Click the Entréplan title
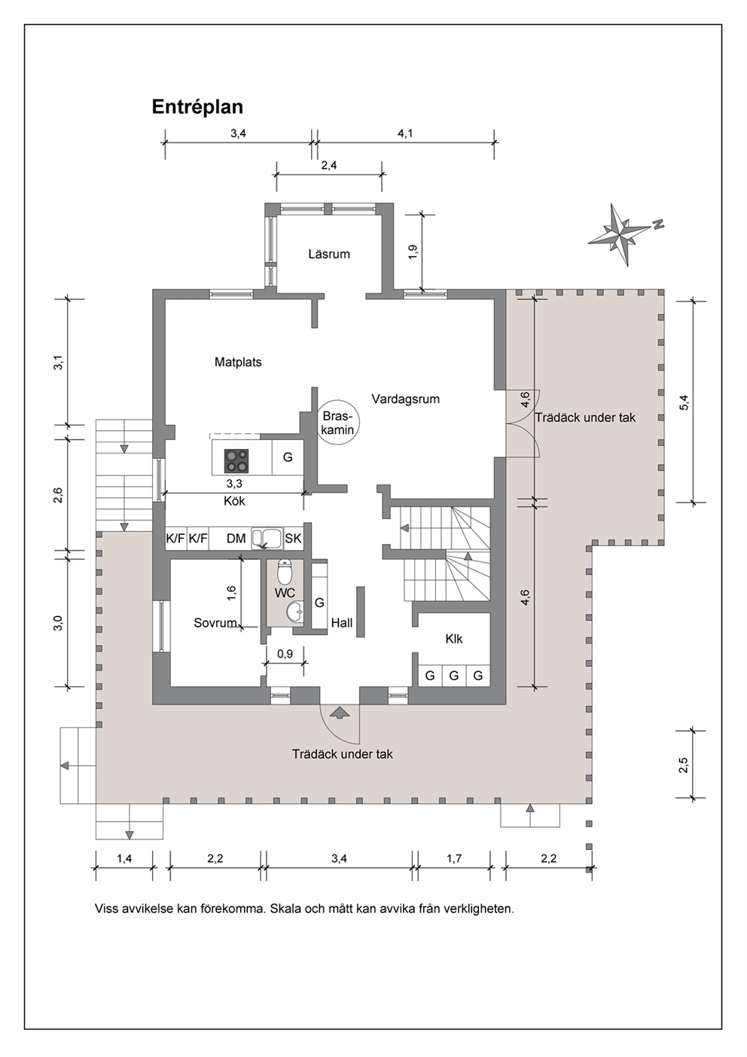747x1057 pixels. [197, 108]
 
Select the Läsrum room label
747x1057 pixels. [329, 255]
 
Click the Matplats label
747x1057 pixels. [238, 362]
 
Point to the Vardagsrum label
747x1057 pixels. [406, 399]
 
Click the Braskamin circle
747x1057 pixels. [337, 423]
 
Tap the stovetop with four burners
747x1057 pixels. [236, 461]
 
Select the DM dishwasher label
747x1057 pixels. [236, 539]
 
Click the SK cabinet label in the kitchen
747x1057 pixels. [293, 539]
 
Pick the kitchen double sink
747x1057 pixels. [267, 538]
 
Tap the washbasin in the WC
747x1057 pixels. [294, 612]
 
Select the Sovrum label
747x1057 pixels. [215, 623]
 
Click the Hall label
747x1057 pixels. [341, 623]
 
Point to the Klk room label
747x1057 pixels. [453, 639]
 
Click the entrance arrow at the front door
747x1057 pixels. [339, 712]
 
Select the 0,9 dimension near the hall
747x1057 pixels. [285, 653]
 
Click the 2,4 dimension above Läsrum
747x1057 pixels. [329, 165]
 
